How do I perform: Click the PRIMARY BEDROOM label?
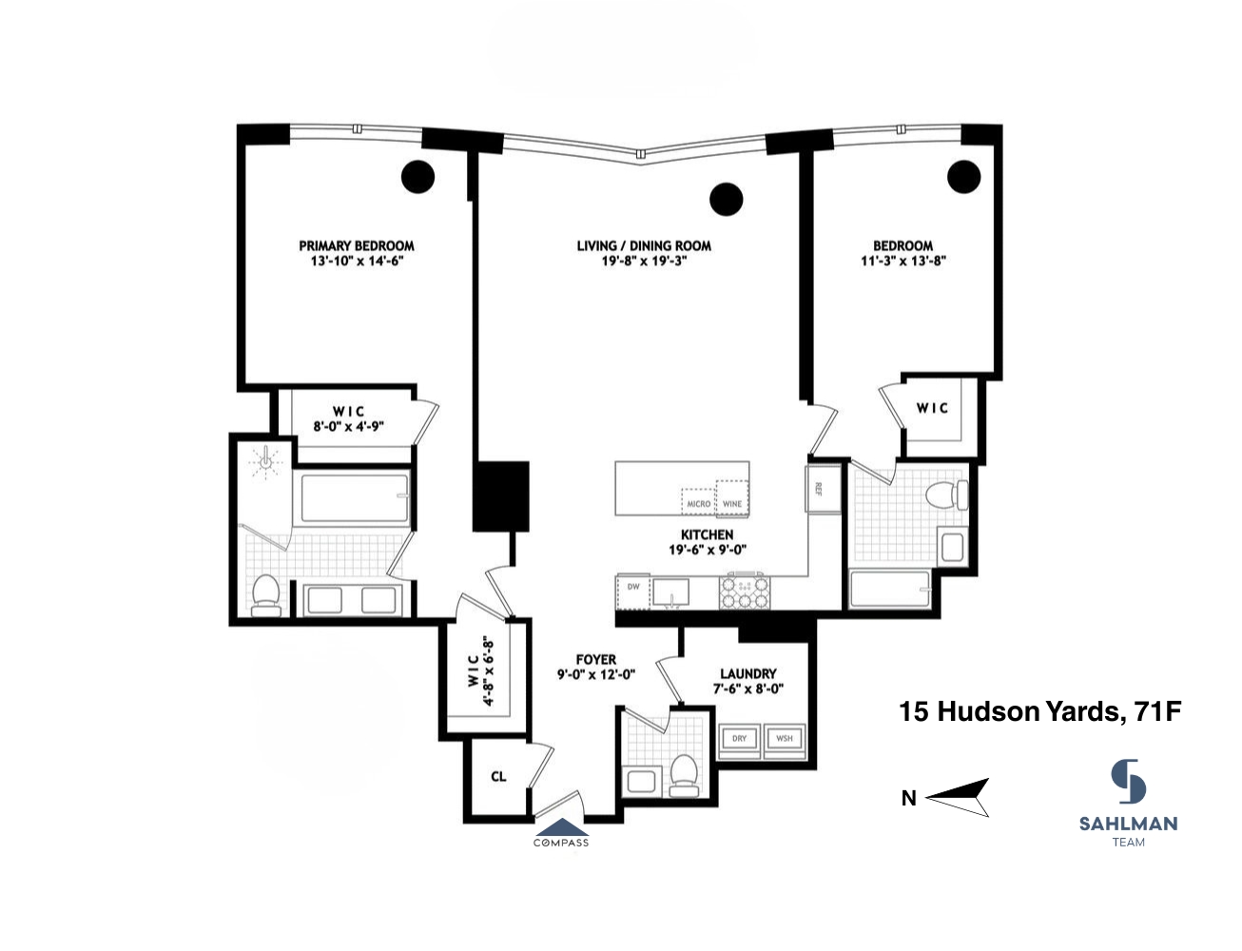pos(357,245)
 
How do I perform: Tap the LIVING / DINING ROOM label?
pos(644,245)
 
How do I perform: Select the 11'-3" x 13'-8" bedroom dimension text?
pos(903,261)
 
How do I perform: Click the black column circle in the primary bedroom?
pos(417,177)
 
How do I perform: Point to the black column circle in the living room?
pos(727,198)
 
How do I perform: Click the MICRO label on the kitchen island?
pos(698,503)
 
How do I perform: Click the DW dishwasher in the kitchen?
pos(633,588)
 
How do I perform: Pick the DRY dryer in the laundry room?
pos(740,739)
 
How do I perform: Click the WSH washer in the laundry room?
pos(785,739)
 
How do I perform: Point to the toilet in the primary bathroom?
pos(264,594)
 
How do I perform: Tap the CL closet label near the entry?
pos(498,777)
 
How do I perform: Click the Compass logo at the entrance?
pos(561,832)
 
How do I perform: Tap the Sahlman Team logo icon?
pos(1129,782)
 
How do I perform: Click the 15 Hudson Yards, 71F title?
pos(1040,711)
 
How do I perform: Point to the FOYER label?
pos(596,659)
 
